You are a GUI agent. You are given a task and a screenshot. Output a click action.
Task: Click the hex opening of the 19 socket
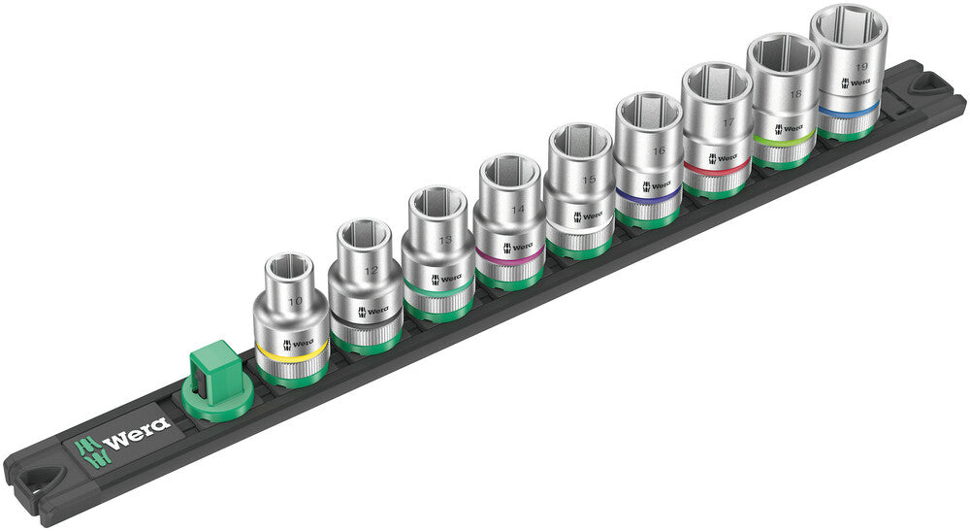click(849, 23)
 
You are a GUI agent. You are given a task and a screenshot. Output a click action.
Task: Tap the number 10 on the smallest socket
click(294, 302)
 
